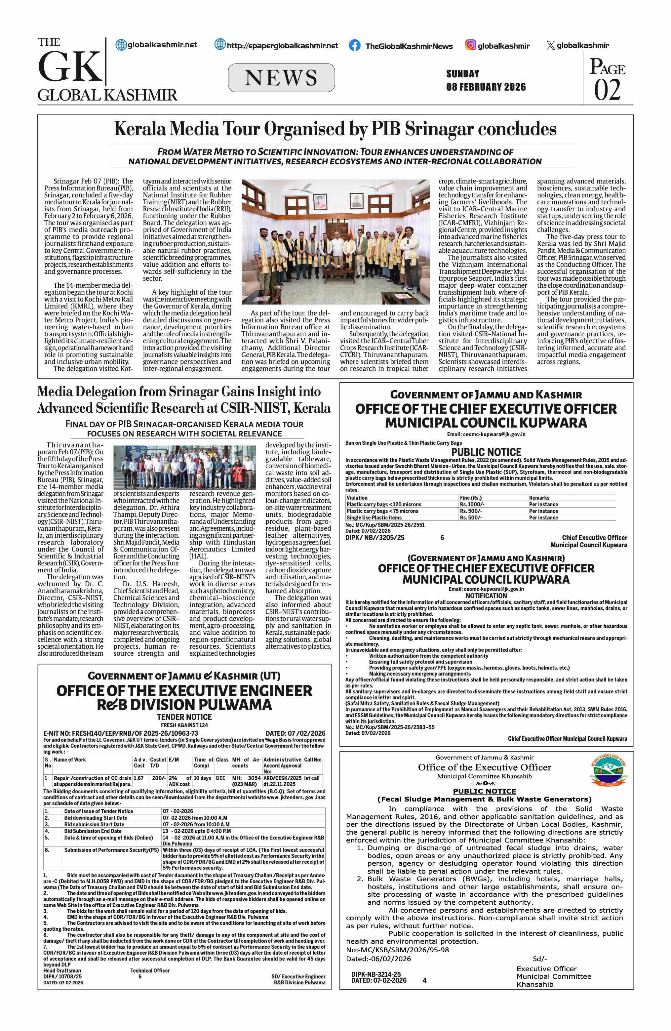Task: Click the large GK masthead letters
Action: coord(70,66)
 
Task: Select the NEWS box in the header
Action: coord(281,78)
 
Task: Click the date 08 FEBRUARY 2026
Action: coord(486,87)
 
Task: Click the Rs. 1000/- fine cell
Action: coord(472,504)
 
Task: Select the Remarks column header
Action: coord(539,498)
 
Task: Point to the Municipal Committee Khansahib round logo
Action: coord(608,770)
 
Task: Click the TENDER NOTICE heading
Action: coord(184,717)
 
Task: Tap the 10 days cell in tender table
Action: coord(202,778)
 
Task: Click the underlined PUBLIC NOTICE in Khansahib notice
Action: coord(485,791)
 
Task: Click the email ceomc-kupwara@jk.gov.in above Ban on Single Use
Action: coord(486,434)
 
